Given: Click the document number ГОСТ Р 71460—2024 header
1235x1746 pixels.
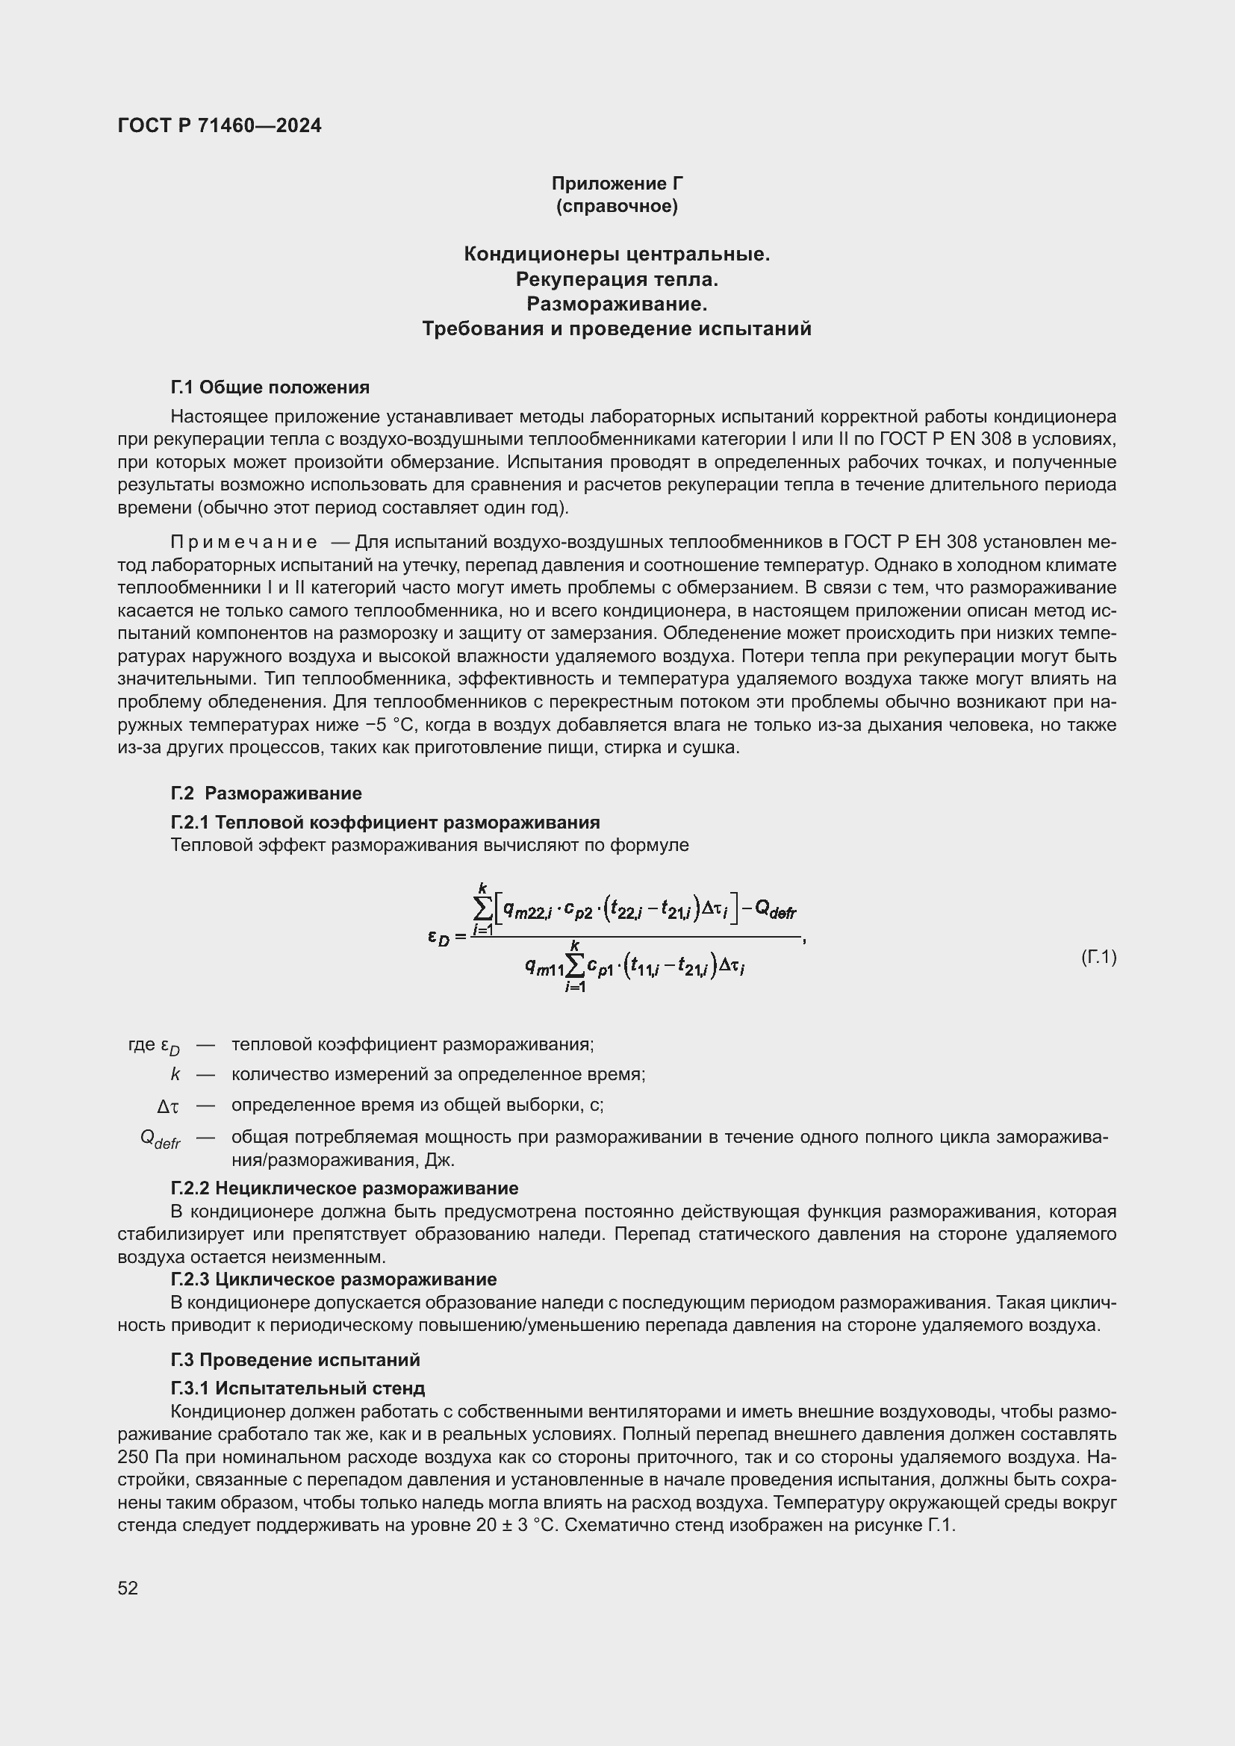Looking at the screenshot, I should tap(219, 125).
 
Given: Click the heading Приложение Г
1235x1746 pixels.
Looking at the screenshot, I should tap(617, 184).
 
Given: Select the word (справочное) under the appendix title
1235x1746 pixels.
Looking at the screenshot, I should tap(617, 206).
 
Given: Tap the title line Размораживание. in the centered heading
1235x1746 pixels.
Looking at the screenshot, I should tap(617, 304).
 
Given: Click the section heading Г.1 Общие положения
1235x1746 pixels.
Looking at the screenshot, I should tap(270, 387).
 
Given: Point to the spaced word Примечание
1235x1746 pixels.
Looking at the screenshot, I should tap(243, 542).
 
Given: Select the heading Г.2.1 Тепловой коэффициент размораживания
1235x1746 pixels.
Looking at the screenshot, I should tap(385, 822).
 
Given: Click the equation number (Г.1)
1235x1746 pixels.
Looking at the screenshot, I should tap(1098, 957).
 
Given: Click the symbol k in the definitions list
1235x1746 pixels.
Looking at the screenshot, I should tap(175, 1074).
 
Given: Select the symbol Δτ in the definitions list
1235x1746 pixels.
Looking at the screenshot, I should tap(168, 1106).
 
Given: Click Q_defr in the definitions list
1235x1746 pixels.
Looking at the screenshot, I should tap(161, 1138).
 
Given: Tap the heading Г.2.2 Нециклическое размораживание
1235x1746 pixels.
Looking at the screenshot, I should tap(344, 1188).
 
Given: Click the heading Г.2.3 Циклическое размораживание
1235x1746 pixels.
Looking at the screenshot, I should tap(333, 1279).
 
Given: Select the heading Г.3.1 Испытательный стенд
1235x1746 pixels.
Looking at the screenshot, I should tap(297, 1388).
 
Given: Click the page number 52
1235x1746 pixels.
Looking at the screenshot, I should tap(128, 1588).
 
